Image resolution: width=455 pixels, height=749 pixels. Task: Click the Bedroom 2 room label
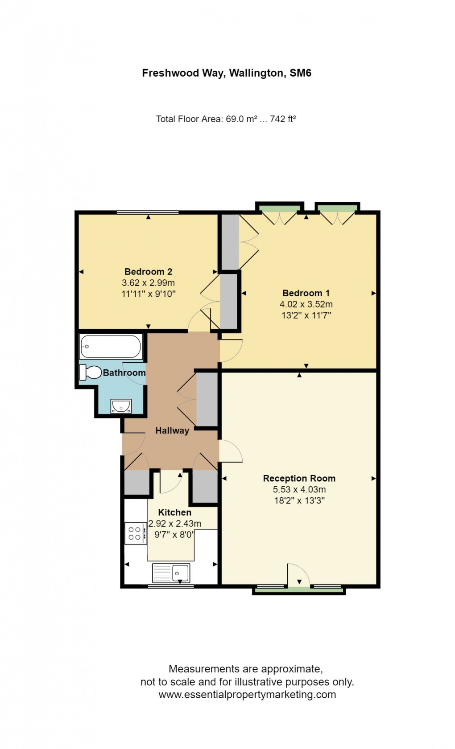pos(148,271)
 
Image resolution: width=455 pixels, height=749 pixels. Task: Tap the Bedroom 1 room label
pos(306,293)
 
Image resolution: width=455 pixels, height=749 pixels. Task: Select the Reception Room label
pos(299,478)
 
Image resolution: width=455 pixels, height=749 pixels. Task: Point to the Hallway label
pos(172,430)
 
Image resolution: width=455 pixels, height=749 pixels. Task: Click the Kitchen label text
pos(174,512)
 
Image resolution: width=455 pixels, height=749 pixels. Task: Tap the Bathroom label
pos(124,372)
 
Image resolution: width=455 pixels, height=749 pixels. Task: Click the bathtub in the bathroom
pos(111,346)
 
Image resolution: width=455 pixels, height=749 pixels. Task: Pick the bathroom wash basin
pos(121,405)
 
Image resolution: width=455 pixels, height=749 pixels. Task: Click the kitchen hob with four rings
pos(136,533)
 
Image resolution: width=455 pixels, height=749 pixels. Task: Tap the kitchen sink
pos(171,573)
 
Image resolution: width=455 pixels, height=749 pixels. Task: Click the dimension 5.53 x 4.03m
pos(299,489)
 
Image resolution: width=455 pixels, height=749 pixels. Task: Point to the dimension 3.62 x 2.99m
pos(148,282)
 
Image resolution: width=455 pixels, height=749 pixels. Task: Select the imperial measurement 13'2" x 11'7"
pos(306,315)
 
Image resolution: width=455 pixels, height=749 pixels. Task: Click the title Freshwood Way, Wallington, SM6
pos(227,73)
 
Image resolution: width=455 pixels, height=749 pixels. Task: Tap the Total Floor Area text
pos(226,119)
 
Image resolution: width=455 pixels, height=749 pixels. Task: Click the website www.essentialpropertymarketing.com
pos(247,694)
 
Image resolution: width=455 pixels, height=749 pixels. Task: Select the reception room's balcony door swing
pos(297,575)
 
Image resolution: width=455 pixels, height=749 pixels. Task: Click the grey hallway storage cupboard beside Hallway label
pos(207,400)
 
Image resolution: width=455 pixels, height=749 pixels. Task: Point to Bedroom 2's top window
pos(148,213)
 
